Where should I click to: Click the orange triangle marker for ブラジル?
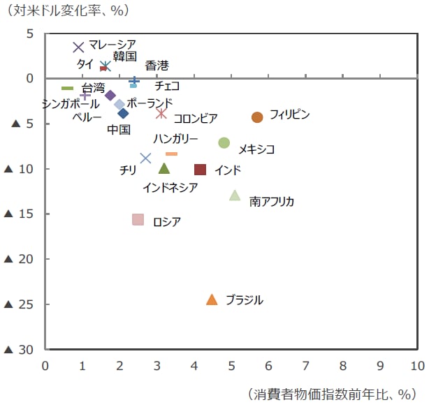point(212,299)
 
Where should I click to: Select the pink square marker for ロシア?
point(138,220)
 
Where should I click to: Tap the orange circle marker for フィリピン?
point(257,117)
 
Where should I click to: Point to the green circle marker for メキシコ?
point(224,142)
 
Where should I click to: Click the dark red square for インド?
point(200,170)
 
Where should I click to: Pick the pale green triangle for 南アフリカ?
point(235,195)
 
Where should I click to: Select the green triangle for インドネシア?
point(164,168)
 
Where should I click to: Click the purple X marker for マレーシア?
point(78,47)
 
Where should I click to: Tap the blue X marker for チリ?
point(145,158)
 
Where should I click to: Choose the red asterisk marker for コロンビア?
point(161,114)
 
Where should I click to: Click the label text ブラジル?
point(245,300)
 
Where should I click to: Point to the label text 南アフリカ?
point(272,202)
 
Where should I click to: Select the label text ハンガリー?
point(175,139)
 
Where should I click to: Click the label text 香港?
point(157,66)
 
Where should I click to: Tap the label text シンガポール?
point(70,103)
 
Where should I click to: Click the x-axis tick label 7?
point(305,365)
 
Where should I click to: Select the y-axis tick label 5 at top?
point(31,34)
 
